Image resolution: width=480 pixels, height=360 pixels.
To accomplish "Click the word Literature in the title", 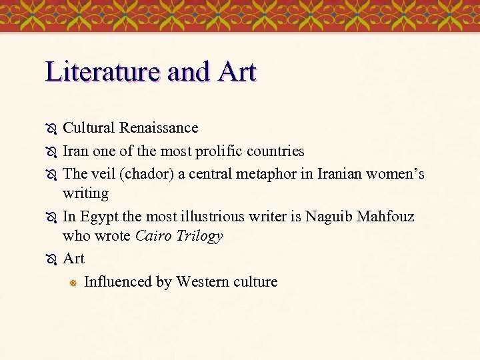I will pyautogui.click(x=103, y=71).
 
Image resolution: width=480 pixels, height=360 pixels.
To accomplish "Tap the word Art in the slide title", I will pyautogui.click(x=236, y=71).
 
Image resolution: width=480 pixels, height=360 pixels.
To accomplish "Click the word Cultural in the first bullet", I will pyautogui.click(x=89, y=127).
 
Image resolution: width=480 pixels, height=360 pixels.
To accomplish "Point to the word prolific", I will pyautogui.click(x=221, y=151).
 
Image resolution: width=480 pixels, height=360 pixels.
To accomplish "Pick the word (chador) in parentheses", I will pyautogui.click(x=138, y=174).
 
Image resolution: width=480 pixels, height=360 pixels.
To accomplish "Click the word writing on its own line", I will pyautogui.click(x=85, y=193).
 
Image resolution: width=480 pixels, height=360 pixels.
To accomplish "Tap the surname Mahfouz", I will pyautogui.click(x=386, y=217).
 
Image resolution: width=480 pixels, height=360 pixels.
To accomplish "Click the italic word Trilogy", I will pyautogui.click(x=199, y=237).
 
